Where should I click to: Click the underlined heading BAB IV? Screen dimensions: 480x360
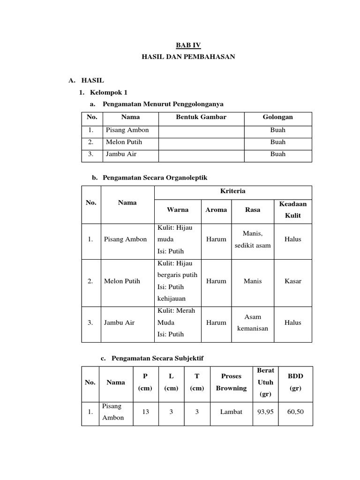188,45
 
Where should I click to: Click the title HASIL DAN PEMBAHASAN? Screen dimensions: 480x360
188,57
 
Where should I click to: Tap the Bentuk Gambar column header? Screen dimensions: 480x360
201,117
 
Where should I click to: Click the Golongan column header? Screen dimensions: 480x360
278,117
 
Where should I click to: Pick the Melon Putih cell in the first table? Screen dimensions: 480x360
124,142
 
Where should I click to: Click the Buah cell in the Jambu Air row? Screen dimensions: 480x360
278,154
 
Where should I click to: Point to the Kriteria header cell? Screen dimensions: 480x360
232,191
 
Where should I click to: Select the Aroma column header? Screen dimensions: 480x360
216,210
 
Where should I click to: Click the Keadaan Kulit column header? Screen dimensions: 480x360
292,210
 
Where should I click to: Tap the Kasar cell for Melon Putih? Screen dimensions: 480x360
292,281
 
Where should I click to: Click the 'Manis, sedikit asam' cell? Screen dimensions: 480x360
253,239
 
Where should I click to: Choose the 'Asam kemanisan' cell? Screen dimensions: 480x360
253,322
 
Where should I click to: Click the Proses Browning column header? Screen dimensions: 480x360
231,382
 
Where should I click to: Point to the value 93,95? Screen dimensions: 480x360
265,412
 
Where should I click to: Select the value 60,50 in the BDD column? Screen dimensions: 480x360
295,412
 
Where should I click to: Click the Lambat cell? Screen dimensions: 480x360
231,412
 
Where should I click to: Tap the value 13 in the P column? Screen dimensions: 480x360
145,412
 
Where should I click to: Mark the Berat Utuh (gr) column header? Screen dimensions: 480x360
265,382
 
